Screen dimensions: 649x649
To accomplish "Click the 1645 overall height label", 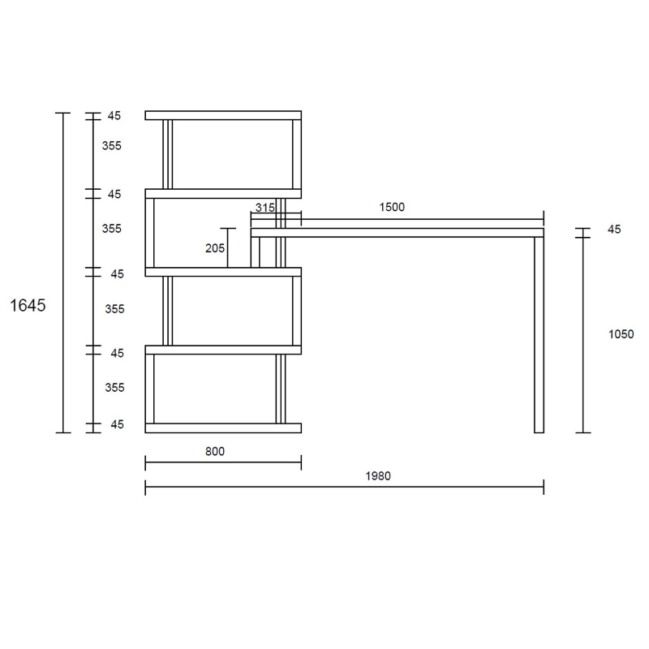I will [27, 306].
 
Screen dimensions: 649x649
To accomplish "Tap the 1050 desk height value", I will [621, 333].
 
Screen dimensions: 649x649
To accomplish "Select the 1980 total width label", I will [377, 476].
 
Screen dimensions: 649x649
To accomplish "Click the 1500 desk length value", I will [392, 208].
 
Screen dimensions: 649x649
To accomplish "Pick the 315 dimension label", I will [264, 208].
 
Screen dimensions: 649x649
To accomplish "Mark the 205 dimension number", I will [215, 248].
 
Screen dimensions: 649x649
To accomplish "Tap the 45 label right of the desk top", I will [614, 230].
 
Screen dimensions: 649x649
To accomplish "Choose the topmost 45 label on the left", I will [114, 116].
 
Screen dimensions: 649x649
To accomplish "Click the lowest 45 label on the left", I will [117, 424].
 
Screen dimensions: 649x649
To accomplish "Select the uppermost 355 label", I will [112, 146].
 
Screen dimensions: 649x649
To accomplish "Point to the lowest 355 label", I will [114, 388].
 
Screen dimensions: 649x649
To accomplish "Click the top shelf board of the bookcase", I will [223, 115].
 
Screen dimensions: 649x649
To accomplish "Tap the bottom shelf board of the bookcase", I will [223, 428].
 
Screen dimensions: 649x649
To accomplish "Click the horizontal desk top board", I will [398, 233].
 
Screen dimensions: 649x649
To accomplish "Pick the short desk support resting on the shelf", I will [255, 252].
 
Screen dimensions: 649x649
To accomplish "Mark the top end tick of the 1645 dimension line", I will [63, 113].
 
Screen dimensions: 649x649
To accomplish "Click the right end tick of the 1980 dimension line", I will [544, 487].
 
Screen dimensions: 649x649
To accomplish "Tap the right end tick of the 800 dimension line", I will [301, 463].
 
